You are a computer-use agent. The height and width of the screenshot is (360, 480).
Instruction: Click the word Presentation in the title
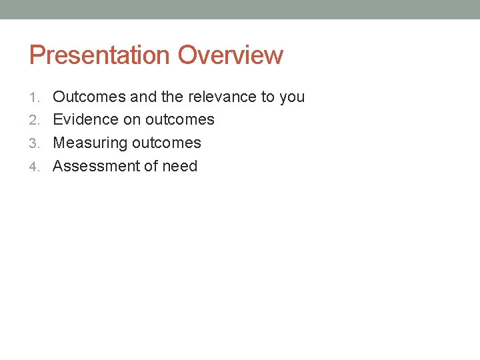point(100,55)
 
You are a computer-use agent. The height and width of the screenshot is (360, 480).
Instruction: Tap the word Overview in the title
point(231,55)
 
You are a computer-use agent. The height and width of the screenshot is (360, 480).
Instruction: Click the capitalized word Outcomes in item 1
point(89,97)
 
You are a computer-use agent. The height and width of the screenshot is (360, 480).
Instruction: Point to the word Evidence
point(86,119)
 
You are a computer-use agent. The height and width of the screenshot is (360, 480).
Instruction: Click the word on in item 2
point(132,120)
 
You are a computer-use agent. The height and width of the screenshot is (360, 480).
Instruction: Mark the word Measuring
point(90,143)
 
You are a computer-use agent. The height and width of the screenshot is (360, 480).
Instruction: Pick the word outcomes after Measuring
point(166,143)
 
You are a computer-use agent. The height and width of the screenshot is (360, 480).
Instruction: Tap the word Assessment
point(92,166)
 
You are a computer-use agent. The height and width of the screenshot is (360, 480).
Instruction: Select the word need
point(179,166)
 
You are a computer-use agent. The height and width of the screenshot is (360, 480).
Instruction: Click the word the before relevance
point(172,97)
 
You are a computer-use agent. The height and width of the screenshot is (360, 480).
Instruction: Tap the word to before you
point(268,97)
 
